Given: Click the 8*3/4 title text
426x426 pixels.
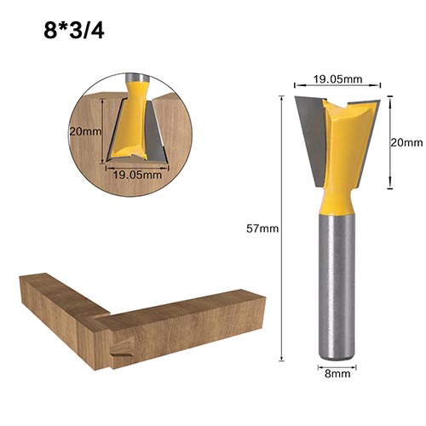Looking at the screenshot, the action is pyautogui.click(x=74, y=32).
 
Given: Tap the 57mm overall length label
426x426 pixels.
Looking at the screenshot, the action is pyautogui.click(x=262, y=228).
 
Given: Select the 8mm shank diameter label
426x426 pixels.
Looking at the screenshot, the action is pyautogui.click(x=337, y=373).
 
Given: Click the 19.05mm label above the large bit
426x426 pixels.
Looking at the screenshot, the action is pyautogui.click(x=337, y=79).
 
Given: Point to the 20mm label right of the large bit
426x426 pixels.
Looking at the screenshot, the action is pyautogui.click(x=406, y=142).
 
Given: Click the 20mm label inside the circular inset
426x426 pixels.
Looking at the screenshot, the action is pyautogui.click(x=85, y=132).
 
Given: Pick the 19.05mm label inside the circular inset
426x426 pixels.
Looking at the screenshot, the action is pyautogui.click(x=137, y=175).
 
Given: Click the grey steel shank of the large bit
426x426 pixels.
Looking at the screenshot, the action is pyautogui.click(x=337, y=287).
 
